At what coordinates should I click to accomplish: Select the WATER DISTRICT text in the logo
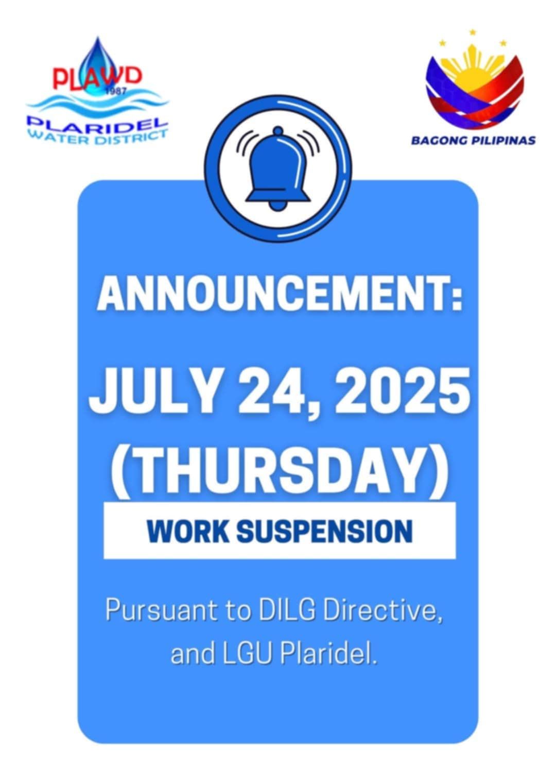(x=100, y=138)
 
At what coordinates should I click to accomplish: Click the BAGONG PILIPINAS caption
(x=473, y=141)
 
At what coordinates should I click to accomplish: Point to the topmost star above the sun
(x=473, y=32)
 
